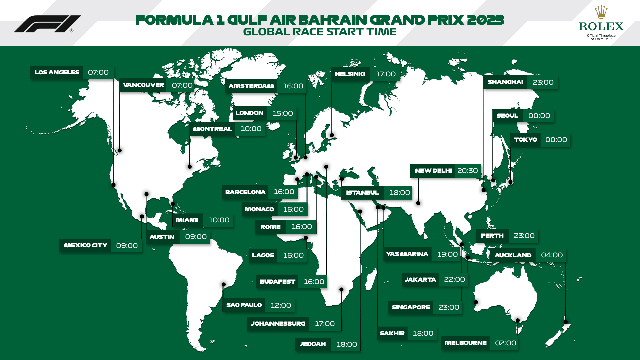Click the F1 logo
47,24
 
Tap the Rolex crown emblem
601,12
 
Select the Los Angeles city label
57,72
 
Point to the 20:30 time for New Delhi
467,171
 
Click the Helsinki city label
350,74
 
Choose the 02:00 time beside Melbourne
505,343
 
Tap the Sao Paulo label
244,305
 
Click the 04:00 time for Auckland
552,255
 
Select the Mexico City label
86,245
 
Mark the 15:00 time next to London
283,113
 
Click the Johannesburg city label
278,324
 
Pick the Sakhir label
392,333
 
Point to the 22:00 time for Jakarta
454,279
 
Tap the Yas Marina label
407,254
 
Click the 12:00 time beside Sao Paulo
281,305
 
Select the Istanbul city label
362,193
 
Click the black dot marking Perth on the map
476,302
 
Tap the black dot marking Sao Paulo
224,285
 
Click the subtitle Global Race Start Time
320,32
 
